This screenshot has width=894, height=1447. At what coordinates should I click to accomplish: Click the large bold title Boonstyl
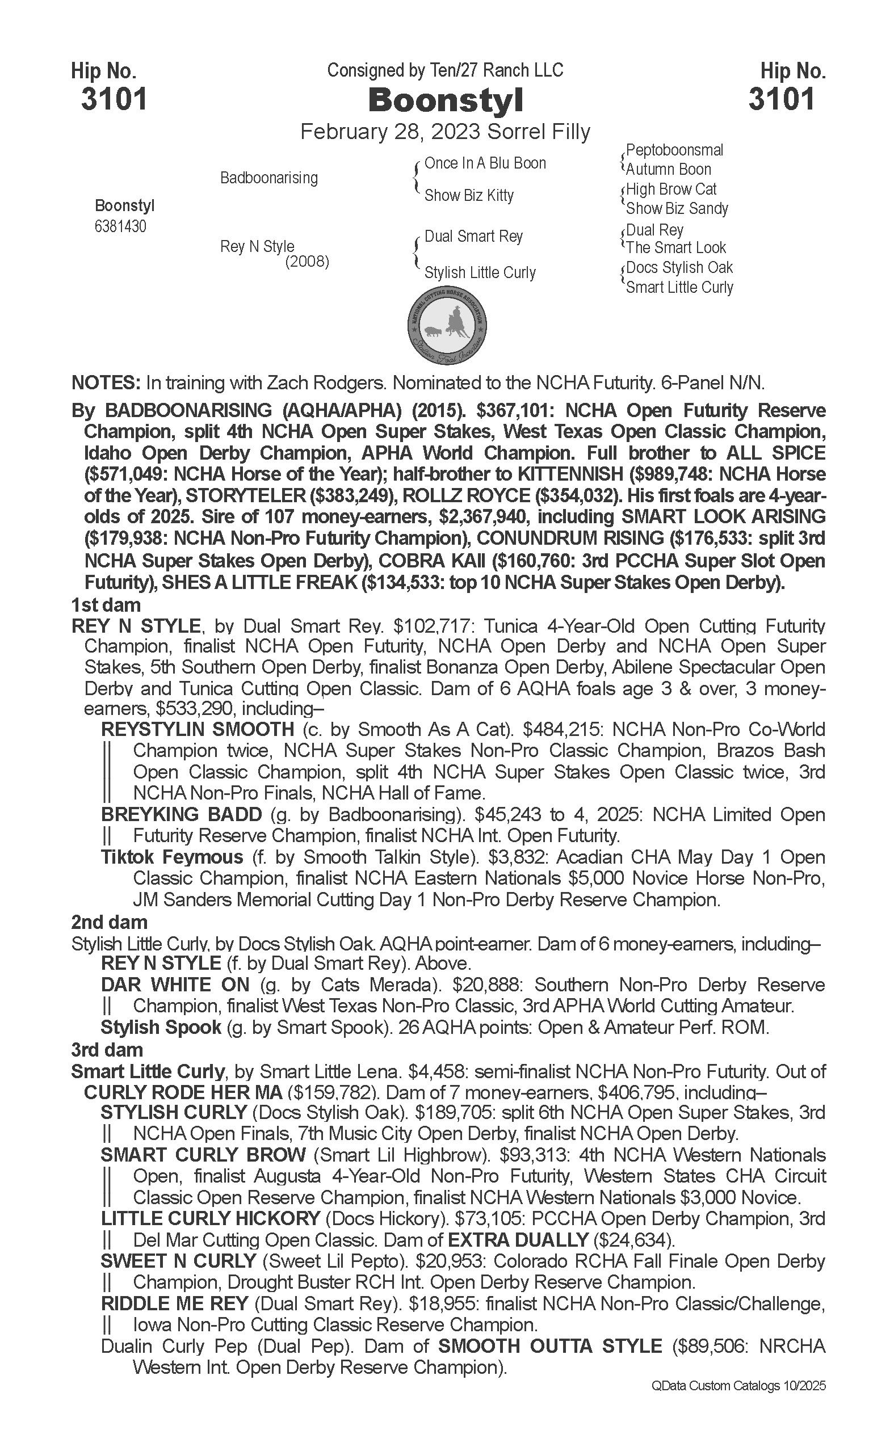coord(446,101)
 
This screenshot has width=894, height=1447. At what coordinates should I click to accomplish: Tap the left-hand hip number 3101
coord(114,99)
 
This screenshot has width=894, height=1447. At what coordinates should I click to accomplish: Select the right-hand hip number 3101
coord(782,99)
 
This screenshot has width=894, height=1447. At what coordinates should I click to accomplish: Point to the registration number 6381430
coord(120,226)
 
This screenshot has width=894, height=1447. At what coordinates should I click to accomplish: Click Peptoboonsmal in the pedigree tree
coord(674,150)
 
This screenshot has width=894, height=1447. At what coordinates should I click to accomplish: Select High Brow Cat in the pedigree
coord(671,189)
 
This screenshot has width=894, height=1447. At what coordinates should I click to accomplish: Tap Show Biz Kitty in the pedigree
coord(469,195)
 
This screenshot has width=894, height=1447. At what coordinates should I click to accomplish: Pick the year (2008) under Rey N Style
coord(307,262)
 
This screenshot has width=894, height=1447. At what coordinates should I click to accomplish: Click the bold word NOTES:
coord(105,383)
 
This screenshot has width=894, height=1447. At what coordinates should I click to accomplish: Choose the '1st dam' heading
coord(106,605)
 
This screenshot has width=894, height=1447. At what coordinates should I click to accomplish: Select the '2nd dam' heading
coord(110,922)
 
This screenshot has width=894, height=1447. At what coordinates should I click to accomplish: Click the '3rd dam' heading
coord(107,1050)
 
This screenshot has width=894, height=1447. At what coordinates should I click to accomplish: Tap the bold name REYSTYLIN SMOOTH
coord(198,729)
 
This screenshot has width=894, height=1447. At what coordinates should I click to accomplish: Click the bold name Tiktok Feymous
coord(172,857)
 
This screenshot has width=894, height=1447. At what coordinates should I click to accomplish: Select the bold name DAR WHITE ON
coord(175,985)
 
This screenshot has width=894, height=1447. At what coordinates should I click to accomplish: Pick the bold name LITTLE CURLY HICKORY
coord(210,1219)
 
